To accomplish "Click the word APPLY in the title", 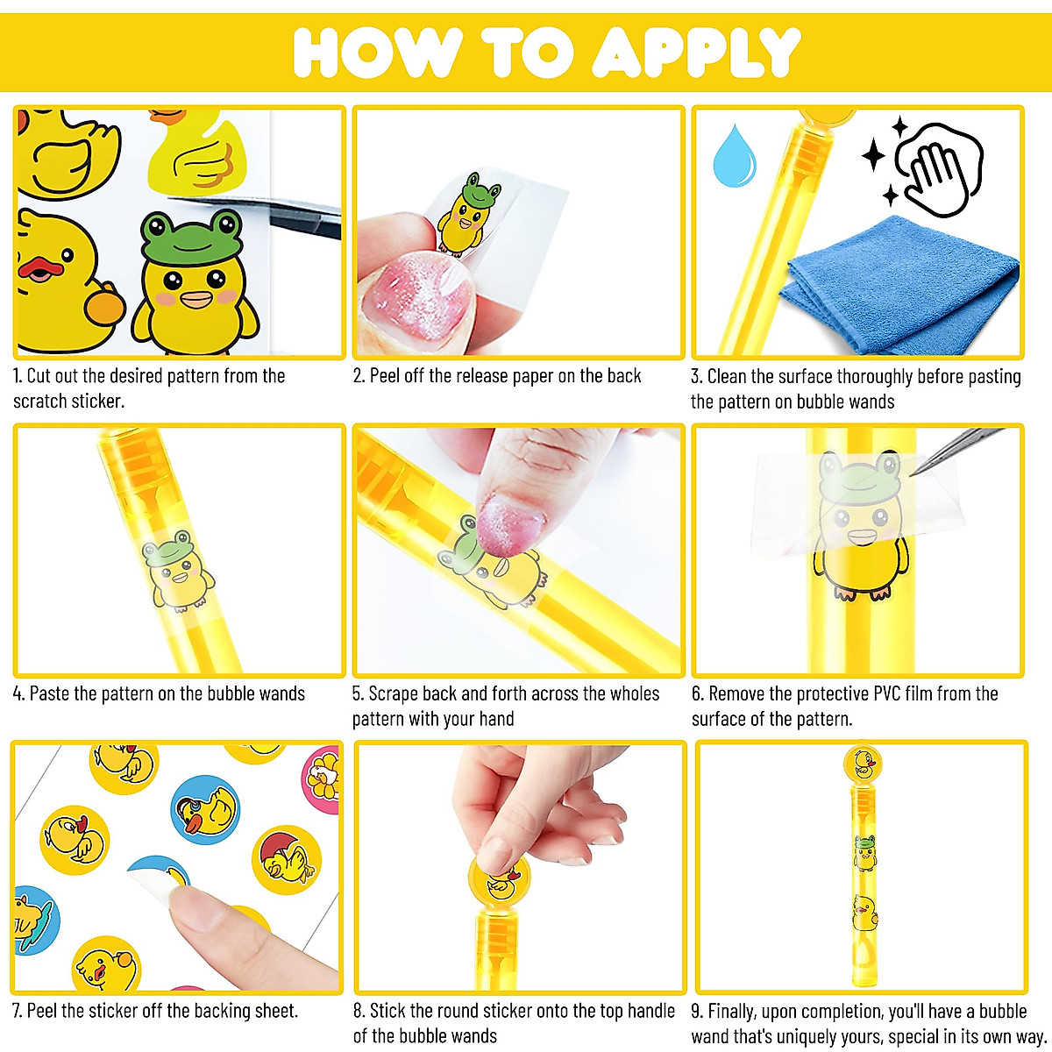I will (698, 53).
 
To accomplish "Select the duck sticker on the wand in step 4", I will (178, 570).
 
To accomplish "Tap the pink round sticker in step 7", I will (322, 771).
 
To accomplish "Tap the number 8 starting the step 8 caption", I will (358, 1012).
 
